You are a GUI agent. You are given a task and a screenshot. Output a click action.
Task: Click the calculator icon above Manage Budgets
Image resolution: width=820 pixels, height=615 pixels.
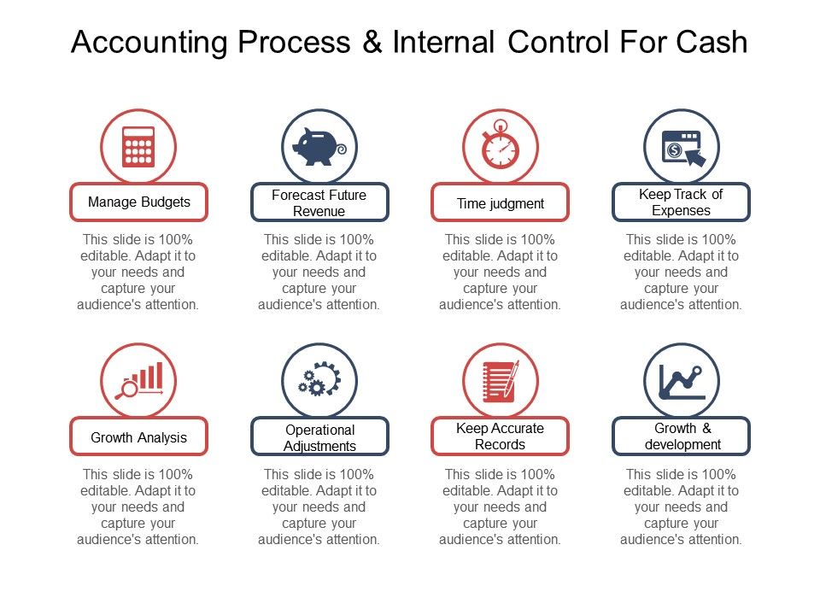(138, 147)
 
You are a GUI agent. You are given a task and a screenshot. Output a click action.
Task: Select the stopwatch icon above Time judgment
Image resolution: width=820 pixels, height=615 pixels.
(501, 147)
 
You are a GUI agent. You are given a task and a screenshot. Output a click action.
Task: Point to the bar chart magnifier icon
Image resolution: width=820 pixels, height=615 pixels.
(138, 381)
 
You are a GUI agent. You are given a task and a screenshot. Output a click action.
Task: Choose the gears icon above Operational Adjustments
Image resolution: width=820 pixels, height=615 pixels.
(319, 381)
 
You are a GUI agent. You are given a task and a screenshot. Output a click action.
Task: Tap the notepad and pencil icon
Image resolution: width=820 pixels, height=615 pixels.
(501, 381)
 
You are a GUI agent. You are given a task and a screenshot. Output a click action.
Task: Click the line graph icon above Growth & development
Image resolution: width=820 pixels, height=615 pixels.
(682, 381)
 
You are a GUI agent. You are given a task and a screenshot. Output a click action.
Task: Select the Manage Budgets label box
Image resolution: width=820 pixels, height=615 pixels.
(138, 202)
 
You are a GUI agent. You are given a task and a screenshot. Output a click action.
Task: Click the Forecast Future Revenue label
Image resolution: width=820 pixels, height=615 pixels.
(319, 203)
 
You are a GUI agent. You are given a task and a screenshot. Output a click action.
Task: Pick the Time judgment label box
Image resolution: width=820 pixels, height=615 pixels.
(501, 203)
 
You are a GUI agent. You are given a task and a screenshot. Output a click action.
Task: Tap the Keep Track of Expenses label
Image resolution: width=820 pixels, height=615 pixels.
(682, 202)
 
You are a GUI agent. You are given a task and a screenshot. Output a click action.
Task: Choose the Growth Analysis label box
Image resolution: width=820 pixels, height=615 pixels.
(138, 437)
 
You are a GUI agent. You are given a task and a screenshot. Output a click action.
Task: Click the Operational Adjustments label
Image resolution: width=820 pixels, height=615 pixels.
(319, 437)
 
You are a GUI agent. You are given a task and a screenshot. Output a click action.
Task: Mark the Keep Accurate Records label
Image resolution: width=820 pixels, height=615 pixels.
(501, 436)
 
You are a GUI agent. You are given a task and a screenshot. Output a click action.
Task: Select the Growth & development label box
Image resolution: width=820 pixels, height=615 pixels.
(682, 436)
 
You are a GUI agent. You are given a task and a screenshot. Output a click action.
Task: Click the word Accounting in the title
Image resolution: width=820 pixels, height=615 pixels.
(150, 42)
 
